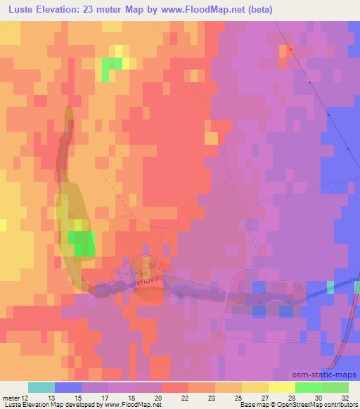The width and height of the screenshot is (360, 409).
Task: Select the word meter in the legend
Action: click(12, 398)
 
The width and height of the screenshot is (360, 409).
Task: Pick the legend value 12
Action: click(27, 398)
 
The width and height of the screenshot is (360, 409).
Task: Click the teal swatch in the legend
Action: click(41, 388)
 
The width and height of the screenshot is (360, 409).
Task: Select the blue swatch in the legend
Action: click(67, 388)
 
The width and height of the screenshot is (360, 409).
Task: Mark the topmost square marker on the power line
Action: click(290, 50)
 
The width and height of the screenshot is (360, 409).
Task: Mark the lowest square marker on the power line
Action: click(349, 148)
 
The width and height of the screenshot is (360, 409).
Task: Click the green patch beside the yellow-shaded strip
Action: click(83, 244)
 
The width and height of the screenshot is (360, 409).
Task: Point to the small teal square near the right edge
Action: click(330, 287)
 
